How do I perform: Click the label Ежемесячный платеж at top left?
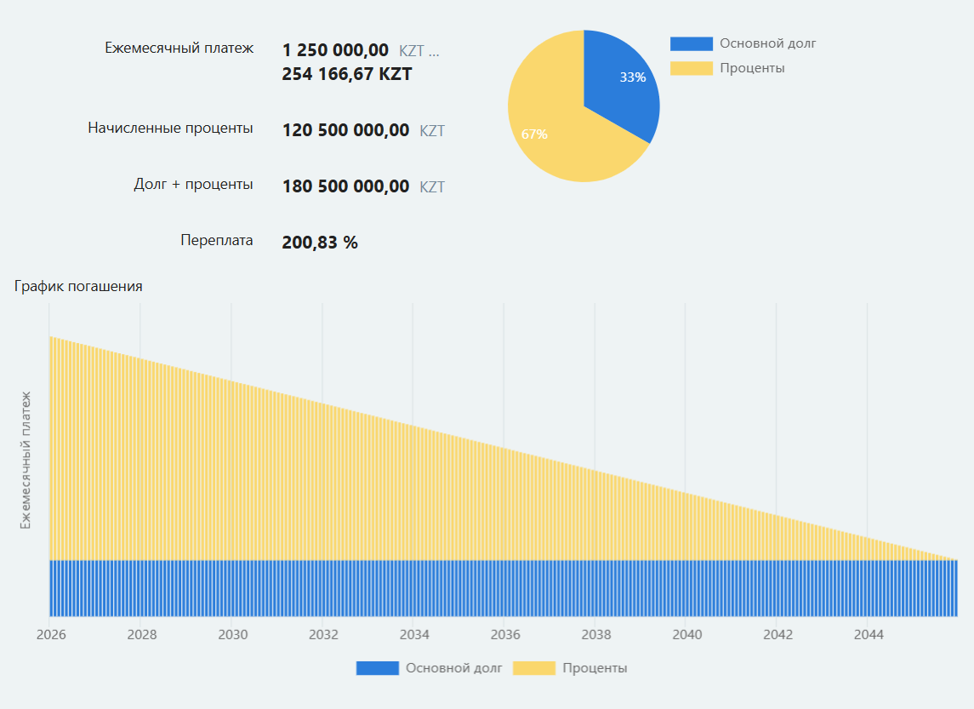(x=179, y=49)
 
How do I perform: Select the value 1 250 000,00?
(x=335, y=50)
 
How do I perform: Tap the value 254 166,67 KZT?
(x=346, y=74)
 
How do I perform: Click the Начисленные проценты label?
(x=170, y=129)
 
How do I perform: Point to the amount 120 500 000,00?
(x=345, y=131)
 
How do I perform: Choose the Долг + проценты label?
(x=193, y=184)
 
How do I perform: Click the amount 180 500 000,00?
(x=345, y=186)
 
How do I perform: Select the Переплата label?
(x=216, y=240)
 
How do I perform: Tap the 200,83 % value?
(x=319, y=243)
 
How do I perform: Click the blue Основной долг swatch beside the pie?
(x=691, y=44)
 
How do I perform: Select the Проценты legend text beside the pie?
(x=752, y=68)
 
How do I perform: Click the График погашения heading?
(x=78, y=287)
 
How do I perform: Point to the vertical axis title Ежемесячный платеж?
(x=26, y=460)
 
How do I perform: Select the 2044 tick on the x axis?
(x=869, y=635)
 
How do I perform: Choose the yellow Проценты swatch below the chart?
(x=534, y=668)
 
